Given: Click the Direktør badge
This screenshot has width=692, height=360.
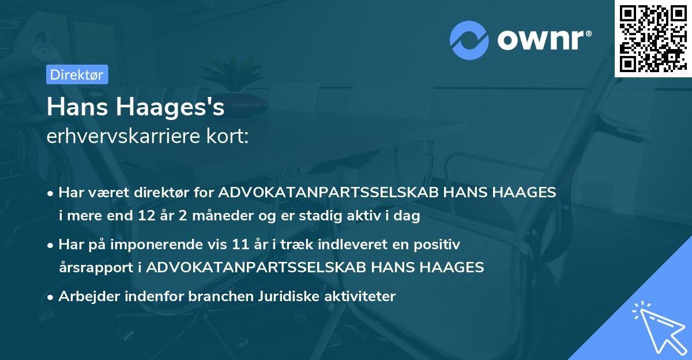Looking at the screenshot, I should point(76,74).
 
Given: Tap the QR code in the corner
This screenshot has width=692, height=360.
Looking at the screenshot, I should point(653,39).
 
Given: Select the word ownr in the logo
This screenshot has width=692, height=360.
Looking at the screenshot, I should point(543,40).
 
